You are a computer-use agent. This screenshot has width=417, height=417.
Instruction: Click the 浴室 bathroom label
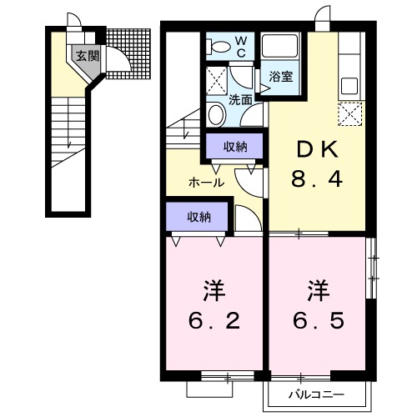point(279,76)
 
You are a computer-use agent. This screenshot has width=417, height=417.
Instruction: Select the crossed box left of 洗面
point(216,82)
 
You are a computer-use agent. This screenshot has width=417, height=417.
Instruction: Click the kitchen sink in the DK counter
point(349,86)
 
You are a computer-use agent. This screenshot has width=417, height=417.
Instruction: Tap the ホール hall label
point(204,182)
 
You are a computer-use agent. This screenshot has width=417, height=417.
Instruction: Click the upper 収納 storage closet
point(234,148)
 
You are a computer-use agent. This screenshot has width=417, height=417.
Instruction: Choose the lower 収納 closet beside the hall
point(198,217)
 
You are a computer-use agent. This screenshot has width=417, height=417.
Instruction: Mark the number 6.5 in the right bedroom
point(318,319)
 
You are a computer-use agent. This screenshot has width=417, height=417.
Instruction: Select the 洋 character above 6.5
point(318,291)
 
